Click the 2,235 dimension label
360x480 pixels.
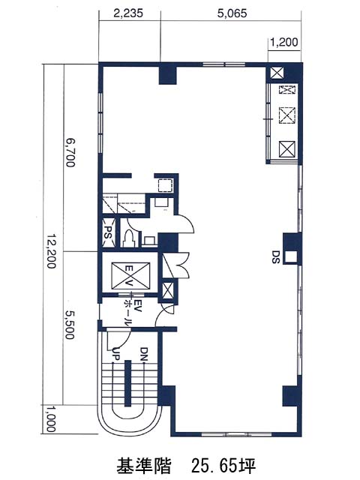pyautogui.click(x=128, y=13)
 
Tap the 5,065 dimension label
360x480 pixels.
pyautogui.click(x=232, y=13)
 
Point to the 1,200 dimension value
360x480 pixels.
pyautogui.click(x=284, y=42)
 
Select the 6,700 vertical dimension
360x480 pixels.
pyautogui.click(x=70, y=153)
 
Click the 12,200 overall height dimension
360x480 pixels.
pyautogui.click(x=52, y=252)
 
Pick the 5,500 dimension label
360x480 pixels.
pyautogui.click(x=70, y=325)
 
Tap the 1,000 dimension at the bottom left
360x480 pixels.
pyautogui.click(x=51, y=419)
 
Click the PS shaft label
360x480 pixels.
pyautogui.click(x=109, y=232)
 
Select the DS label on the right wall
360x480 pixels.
pyautogui.click(x=276, y=256)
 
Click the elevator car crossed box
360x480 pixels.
pyautogui.click(x=130, y=275)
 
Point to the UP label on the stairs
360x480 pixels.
pyautogui.click(x=116, y=354)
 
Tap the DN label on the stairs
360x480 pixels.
pyautogui.click(x=144, y=354)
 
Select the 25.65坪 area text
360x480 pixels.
pyautogui.click(x=223, y=466)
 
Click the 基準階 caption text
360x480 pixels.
pyautogui.click(x=143, y=466)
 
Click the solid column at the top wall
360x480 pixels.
pyautogui.click(x=168, y=73)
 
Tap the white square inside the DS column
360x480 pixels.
pyautogui.click(x=291, y=256)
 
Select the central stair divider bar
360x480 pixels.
pyautogui.click(x=127, y=383)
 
